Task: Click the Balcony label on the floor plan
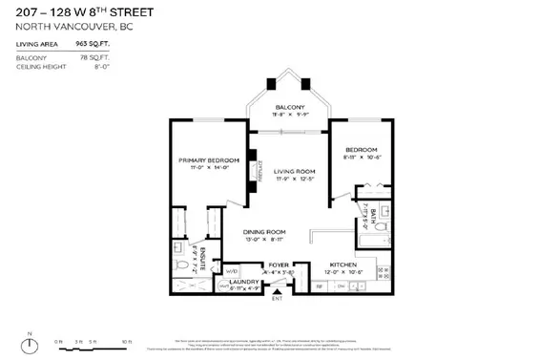pos(289,106)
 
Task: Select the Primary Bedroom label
pos(208,159)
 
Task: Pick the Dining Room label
pos(263,232)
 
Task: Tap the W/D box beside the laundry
pos(232,271)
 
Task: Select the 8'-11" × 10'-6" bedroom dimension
pos(362,159)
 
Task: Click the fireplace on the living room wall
pos(254,166)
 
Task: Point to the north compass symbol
pos(31,341)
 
